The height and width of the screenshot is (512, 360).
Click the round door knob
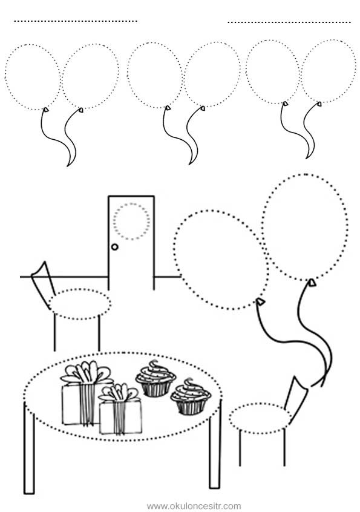point(114,247)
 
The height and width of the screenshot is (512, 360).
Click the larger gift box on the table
point(82,404)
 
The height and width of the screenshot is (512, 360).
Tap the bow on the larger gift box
point(85,372)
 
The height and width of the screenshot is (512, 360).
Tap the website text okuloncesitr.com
point(194,506)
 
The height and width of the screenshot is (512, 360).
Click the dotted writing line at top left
point(76,21)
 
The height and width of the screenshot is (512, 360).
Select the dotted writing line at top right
point(289,22)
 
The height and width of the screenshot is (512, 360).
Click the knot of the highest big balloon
point(312,282)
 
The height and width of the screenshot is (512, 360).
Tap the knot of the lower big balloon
point(260,302)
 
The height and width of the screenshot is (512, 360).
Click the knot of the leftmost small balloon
point(47,110)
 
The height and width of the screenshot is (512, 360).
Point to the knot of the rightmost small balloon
point(319,104)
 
